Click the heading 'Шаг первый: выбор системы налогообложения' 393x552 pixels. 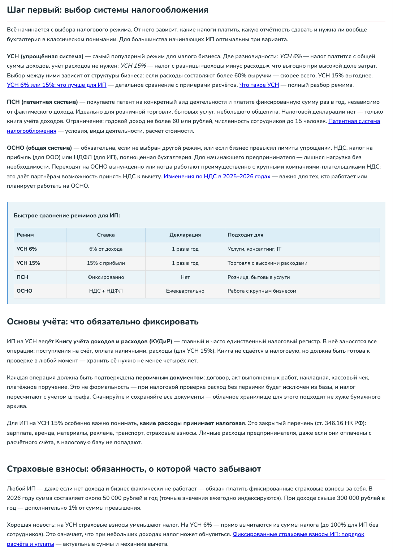pos(107,10)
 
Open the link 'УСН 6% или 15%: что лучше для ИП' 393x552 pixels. pos(56,85)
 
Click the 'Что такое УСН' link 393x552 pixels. pos(259,85)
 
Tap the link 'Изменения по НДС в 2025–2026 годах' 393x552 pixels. pos(217,177)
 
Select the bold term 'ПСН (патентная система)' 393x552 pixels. pos(42,102)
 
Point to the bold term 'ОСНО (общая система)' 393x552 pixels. pos(39,148)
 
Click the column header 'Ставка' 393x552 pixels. pos(106,235)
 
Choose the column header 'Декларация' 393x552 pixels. pos(185,235)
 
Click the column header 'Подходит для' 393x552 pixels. pos(245,235)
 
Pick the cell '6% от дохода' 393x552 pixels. pos(106,249)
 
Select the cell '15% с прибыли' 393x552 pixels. pos(106,263)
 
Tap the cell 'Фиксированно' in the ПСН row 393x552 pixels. pos(106,277)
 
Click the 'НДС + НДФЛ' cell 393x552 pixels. pos(106,291)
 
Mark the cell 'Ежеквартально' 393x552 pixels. pos(185,291)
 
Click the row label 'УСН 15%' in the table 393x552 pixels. pos(28,263)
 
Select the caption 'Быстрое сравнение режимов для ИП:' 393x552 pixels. pos(67,216)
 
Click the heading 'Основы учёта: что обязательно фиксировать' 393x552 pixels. pos(103,322)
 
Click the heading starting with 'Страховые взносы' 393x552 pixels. pos(134,469)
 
